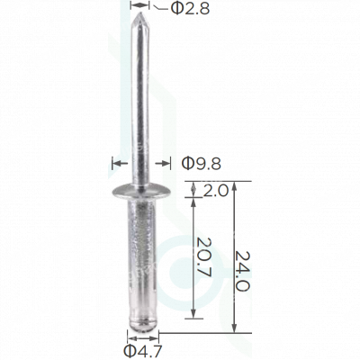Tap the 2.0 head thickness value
[216, 191]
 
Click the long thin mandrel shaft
[141, 99]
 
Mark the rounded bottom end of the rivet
[140, 325]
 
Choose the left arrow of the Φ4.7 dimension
[124, 336]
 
